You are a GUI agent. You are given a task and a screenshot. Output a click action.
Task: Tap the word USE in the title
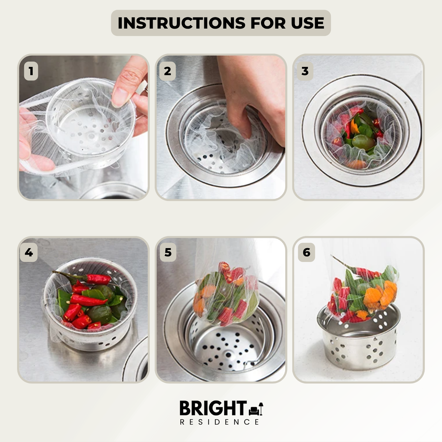point(307,23)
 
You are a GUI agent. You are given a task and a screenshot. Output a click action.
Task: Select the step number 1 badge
point(31,71)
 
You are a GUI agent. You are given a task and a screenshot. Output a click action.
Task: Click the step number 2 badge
point(167,71)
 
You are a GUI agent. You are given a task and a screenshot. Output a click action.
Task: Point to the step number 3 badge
point(305,71)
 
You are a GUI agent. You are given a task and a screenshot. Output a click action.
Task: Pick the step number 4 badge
point(29,252)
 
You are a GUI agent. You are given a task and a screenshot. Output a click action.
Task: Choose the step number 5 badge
point(168,252)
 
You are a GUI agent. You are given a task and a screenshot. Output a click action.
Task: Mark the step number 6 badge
point(306,252)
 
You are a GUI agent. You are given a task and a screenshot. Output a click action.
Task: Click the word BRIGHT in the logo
point(213,408)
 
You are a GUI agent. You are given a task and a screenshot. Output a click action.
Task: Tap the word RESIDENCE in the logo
point(220,422)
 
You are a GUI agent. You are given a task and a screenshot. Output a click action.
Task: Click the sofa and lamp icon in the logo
point(256,409)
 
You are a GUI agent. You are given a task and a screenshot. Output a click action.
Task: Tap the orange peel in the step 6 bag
point(380,296)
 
